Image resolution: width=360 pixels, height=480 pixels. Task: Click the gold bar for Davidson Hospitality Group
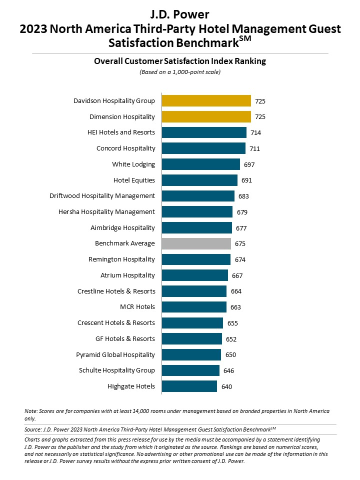click(206, 100)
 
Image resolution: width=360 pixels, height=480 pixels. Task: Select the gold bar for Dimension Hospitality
click(206, 116)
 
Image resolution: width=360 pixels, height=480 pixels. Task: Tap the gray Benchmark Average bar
click(196, 243)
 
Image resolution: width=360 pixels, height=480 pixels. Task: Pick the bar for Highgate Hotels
click(189, 386)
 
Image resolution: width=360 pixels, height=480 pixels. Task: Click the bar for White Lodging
click(200, 164)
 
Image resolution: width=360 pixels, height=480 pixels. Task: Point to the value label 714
click(256, 132)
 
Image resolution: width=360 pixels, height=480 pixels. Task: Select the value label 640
click(227, 386)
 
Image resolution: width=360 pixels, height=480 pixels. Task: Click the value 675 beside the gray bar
click(241, 243)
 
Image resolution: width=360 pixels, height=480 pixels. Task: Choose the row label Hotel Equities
click(134, 180)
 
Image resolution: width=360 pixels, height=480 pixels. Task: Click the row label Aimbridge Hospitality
click(122, 227)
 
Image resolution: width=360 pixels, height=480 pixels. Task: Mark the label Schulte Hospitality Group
click(117, 370)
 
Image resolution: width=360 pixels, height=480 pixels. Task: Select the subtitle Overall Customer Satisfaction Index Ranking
click(180, 61)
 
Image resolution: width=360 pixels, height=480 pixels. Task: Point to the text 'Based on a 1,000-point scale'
click(180, 72)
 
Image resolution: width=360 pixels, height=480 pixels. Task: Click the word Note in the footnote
click(30, 411)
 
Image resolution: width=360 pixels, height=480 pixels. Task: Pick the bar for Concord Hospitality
click(203, 148)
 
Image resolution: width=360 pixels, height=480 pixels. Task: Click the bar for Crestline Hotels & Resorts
click(194, 291)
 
